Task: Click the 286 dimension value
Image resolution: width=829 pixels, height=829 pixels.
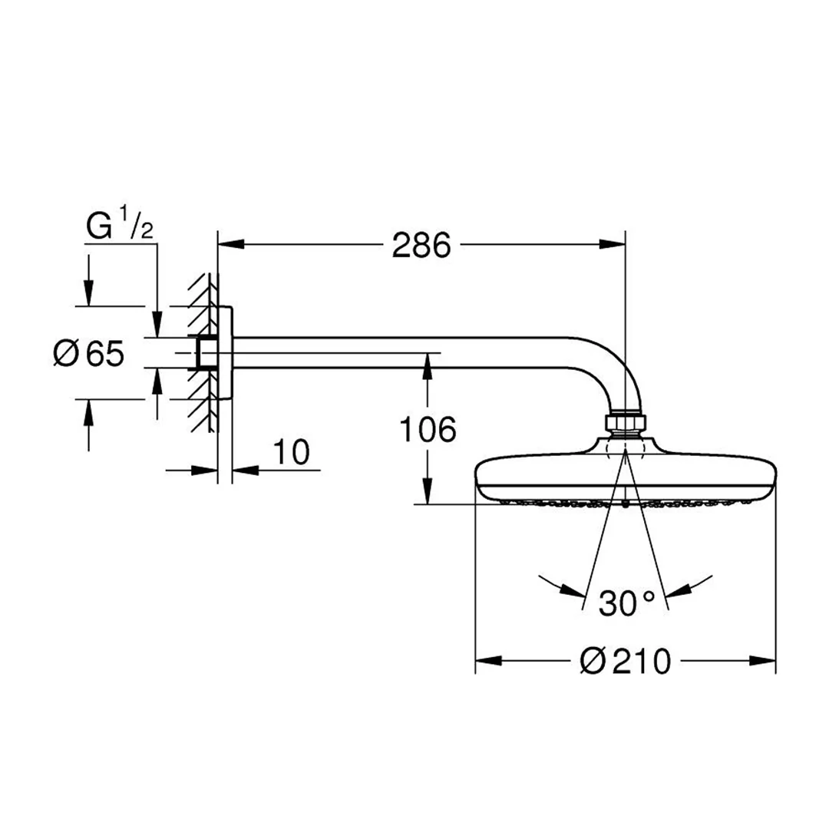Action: (421, 246)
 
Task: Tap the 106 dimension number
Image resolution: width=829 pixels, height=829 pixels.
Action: (428, 429)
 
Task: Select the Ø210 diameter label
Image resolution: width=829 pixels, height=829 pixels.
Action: (626, 661)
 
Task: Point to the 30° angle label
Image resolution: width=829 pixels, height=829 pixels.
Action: (627, 603)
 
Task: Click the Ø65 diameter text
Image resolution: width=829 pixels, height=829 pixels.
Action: (89, 353)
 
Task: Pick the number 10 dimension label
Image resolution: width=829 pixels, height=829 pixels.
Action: (292, 453)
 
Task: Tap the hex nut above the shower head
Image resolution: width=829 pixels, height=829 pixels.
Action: (625, 422)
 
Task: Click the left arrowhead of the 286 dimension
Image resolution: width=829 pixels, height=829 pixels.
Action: (231, 244)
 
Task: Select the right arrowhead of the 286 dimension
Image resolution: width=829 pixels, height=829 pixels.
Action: (613, 244)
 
